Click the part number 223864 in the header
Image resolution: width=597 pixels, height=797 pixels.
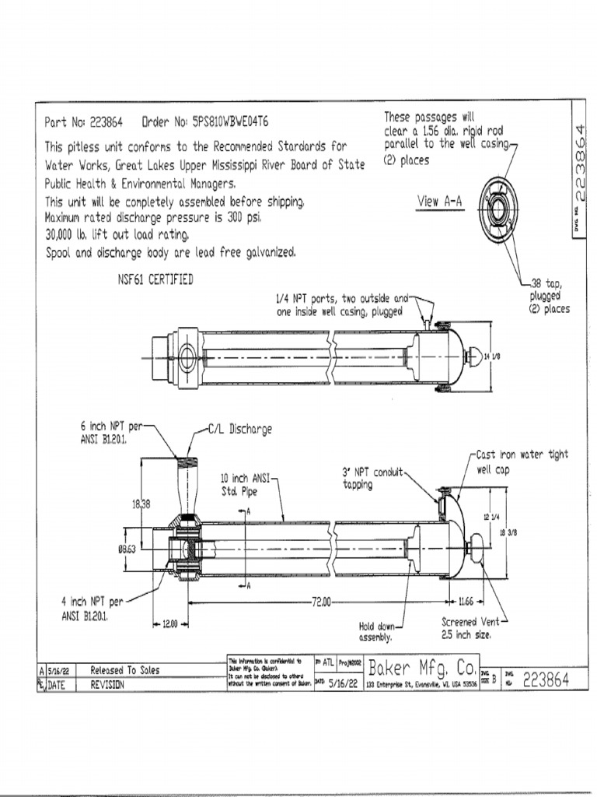[106, 122]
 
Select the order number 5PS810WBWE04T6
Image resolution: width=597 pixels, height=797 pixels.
[226, 122]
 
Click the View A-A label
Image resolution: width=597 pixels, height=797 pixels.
[439, 202]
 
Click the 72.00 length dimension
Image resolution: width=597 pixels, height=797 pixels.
[321, 601]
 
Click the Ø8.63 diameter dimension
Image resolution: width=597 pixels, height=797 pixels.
[127, 549]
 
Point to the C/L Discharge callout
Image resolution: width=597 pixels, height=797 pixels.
[239, 429]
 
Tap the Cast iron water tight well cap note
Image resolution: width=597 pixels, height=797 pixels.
[520, 462]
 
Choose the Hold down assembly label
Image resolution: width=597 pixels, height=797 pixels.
[377, 630]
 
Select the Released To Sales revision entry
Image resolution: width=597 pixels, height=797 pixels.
[125, 669]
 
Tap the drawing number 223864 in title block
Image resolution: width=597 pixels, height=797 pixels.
[546, 679]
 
